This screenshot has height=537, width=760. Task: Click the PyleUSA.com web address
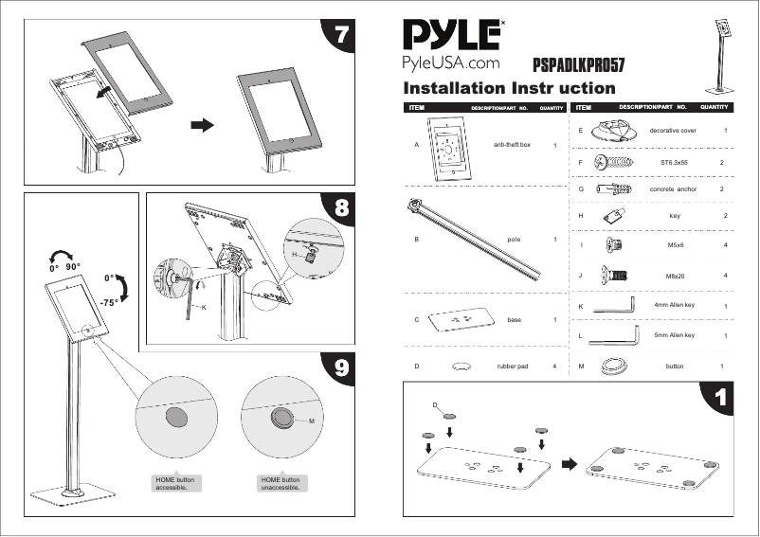(451, 63)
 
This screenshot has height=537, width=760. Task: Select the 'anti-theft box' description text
(512, 146)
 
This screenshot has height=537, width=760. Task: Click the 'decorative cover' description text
(673, 130)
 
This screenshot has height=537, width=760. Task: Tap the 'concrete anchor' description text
(673, 189)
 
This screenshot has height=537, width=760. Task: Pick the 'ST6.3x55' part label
(674, 163)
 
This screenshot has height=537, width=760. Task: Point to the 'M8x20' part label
(675, 276)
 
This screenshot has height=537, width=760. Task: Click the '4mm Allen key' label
(675, 306)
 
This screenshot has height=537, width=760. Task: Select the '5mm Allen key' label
(675, 335)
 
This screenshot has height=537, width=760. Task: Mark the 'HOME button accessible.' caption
(174, 485)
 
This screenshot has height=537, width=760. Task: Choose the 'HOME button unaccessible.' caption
(280, 485)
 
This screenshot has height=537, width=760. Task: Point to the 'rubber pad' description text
(512, 366)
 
